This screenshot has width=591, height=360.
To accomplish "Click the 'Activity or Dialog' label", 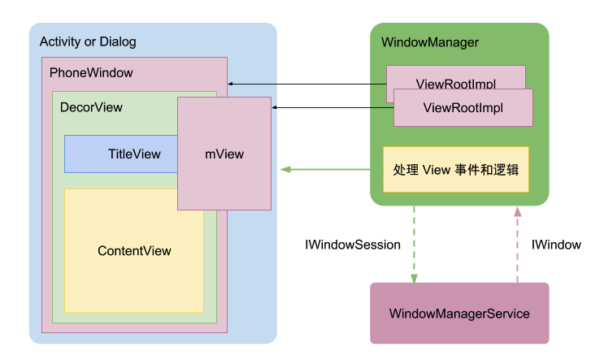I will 88,41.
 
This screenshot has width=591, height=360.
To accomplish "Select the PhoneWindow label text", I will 91,73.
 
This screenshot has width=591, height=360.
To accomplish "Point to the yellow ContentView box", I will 134,251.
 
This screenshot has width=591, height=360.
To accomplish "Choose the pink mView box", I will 224,154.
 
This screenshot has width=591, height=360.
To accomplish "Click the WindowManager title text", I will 429,42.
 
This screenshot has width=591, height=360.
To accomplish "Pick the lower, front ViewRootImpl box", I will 463,107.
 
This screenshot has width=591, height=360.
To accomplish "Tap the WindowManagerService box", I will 459,313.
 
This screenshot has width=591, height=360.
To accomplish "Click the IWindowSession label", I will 352,245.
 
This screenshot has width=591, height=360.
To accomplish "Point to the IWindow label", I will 556,245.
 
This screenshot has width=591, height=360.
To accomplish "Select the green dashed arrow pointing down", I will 415,244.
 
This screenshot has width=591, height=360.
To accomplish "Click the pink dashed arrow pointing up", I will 516,244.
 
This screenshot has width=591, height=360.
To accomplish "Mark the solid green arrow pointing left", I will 325,170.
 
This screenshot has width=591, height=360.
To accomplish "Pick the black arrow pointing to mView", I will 333,107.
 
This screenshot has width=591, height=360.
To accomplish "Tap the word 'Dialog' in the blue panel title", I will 119,41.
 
